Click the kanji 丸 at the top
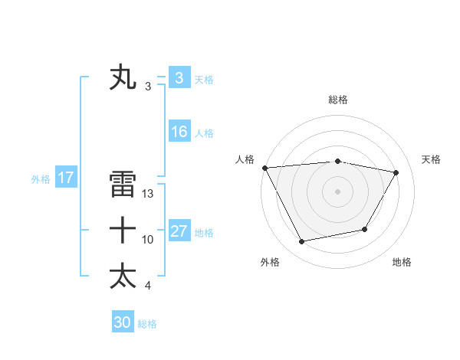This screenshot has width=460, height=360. [123, 78]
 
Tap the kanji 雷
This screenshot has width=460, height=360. [123, 185]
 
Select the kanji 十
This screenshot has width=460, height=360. [123, 230]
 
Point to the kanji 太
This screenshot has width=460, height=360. [123, 276]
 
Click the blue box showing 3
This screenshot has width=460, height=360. [179, 78]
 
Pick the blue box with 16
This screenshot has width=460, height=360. [179, 132]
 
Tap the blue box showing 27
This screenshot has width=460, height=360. [179, 231]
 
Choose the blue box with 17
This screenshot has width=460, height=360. [65, 178]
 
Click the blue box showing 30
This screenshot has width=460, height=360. [123, 322]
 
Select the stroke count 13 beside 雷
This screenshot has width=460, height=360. [149, 194]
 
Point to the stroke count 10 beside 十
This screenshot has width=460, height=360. [148, 240]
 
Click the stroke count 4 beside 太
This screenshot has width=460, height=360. [147, 286]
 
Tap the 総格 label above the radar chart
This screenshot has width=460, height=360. [338, 100]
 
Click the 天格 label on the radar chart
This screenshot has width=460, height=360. [432, 159]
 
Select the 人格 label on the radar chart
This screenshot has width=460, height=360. [245, 159]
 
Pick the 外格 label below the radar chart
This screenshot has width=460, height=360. [270, 262]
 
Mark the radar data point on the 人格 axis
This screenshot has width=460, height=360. [264, 168]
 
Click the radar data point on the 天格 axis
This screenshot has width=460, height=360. [396, 173]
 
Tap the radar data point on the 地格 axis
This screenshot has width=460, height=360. [365, 229]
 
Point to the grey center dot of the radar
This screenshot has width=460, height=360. [338, 191]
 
